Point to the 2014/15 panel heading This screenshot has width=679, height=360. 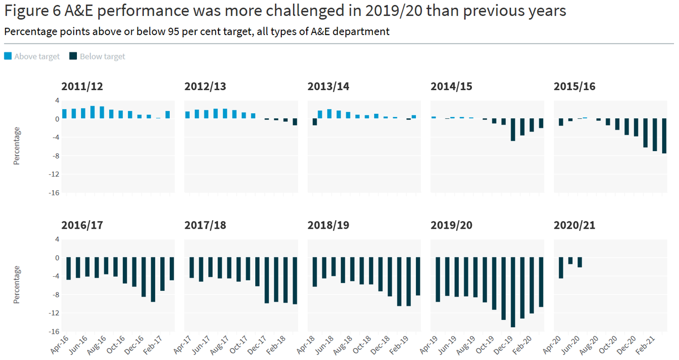click(451, 87)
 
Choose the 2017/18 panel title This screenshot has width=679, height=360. click(205, 225)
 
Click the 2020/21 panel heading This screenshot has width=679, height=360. click(574, 225)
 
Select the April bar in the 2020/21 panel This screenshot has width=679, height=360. click(561, 268)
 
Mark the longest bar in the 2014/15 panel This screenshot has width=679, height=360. click(513, 130)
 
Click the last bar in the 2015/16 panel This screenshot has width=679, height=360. click(664, 136)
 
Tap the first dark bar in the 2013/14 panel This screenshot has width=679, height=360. click(315, 122)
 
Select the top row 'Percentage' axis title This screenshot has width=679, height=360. click(16, 146)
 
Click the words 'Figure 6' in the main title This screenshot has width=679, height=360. click(28, 11)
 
